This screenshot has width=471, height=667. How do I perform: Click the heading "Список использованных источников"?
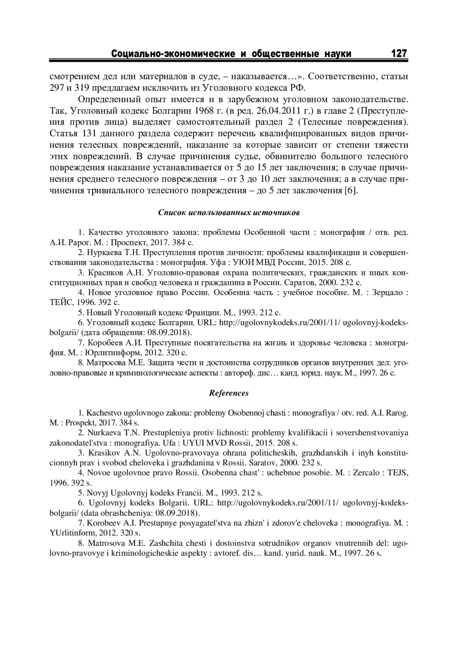click(229, 213)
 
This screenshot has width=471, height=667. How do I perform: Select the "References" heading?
click(229, 393)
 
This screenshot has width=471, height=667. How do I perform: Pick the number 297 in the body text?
click(57, 87)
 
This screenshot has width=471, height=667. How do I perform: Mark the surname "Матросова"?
click(106, 363)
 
